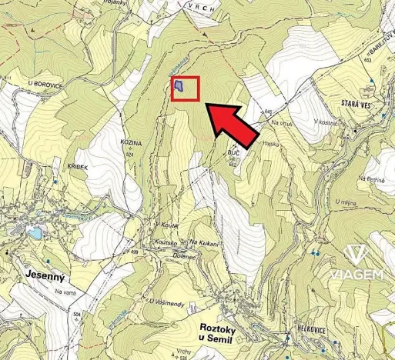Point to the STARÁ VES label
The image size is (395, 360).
pyautogui.click(x=340, y=102)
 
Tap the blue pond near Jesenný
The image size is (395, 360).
pyautogui.click(x=34, y=232)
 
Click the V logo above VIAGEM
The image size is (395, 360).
pyautogui.click(x=355, y=255)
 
